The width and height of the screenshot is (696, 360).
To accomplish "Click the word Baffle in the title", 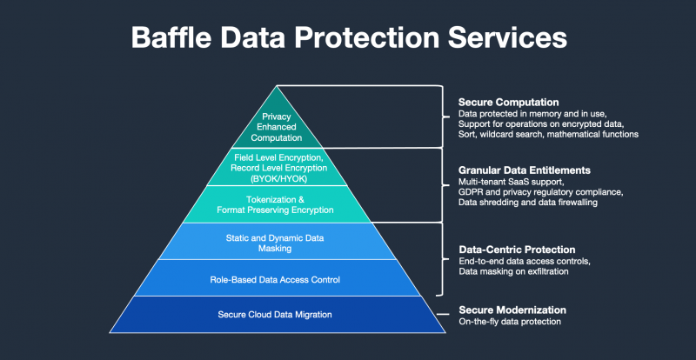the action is click(171, 37).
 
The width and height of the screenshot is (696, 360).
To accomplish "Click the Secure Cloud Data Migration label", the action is click(275, 315).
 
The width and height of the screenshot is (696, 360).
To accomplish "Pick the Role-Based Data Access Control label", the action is click(275, 280).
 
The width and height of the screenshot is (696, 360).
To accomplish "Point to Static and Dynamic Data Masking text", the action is click(275, 243).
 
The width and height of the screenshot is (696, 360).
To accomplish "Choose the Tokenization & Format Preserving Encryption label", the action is click(275, 204).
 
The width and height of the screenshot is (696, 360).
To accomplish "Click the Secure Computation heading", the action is click(509, 102).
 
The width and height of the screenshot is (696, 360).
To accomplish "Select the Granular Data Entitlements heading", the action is click(525, 170).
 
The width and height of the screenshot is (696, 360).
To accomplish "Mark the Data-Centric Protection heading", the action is click(517, 250).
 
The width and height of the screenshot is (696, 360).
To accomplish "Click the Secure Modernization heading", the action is click(512, 310).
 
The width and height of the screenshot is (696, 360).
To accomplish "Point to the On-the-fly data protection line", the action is click(510, 322).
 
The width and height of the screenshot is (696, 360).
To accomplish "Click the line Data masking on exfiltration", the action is click(513, 271).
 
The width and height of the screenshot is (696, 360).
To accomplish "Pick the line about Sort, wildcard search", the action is click(548, 135).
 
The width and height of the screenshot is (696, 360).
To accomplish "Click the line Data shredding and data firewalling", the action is click(528, 203).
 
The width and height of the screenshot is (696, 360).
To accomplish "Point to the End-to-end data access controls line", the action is click(525, 261).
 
